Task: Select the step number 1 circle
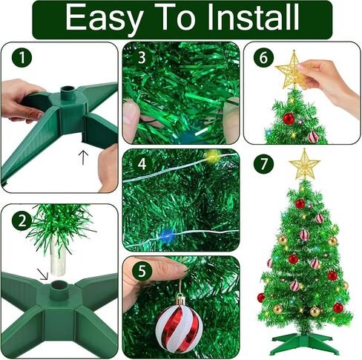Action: tap(22, 57)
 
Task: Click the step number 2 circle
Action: tap(22, 221)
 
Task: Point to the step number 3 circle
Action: tap(142, 57)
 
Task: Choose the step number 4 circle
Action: tap(142, 164)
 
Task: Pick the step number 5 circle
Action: tap(142, 271)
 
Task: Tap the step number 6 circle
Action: tap(263, 57)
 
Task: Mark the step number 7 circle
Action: tap(263, 163)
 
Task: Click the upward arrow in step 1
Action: tap(83, 158)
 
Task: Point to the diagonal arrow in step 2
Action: tap(42, 274)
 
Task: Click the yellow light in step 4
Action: tap(212, 156)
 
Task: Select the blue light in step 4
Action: tap(168, 235)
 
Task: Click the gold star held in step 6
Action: tap(292, 70)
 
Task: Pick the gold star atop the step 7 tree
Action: tap(304, 164)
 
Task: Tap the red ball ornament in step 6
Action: tap(289, 119)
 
